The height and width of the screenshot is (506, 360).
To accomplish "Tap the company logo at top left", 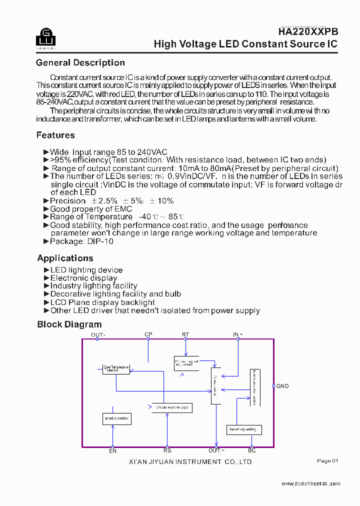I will pos(45,37).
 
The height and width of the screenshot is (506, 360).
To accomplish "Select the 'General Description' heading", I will pos(80,63).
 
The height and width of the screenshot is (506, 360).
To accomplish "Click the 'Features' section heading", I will pos(55,135).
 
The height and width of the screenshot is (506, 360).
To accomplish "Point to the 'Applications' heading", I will pos(65,258).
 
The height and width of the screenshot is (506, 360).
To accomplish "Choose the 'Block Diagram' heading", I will pos(69,325).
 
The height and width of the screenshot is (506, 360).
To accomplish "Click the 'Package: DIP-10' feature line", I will pos(81,241).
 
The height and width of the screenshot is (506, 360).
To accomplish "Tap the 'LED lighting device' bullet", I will pos(86,270).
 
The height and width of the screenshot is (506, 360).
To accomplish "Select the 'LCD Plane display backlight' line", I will pos(102,303).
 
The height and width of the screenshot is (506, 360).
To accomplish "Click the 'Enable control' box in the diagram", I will pos(116,418).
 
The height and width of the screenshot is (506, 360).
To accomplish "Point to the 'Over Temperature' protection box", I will pos(115,368).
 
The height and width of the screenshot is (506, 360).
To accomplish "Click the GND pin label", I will pos(282,386).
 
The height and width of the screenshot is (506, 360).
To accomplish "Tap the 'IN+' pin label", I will pos(238,334).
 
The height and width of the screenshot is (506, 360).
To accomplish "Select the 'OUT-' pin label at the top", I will pos(98,334).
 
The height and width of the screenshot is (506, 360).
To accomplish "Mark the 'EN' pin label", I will pos(113,451).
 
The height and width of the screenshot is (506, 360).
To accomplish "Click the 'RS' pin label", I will pos(167,451).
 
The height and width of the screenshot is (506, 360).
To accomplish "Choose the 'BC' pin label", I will pos(252,451).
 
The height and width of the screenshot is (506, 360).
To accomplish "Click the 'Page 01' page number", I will pos(327,461).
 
